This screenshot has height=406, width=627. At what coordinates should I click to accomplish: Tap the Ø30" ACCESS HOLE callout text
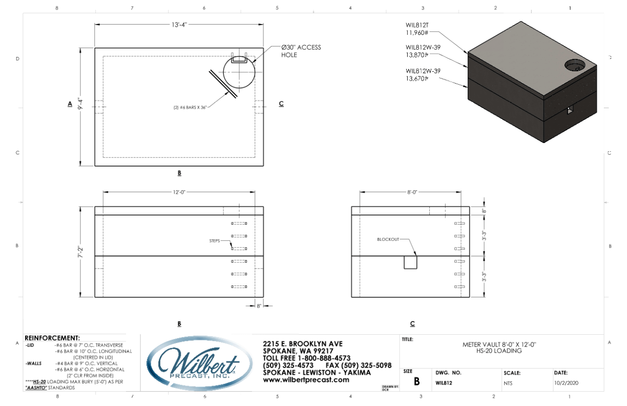point(301,51)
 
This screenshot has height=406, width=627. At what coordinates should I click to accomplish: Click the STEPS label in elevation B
point(215,240)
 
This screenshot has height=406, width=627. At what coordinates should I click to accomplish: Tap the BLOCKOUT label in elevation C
point(388,239)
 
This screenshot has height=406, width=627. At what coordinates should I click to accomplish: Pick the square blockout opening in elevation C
point(411,262)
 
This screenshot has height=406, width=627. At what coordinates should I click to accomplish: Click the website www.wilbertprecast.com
point(306,380)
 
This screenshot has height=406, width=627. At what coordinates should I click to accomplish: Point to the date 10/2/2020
point(566,383)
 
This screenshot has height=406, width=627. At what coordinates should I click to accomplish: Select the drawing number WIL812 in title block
point(443,383)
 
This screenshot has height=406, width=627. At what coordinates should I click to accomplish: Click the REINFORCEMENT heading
point(52,338)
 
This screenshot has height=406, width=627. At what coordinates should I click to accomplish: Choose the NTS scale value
point(509,383)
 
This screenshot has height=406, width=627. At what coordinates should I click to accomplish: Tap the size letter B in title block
point(416,381)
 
